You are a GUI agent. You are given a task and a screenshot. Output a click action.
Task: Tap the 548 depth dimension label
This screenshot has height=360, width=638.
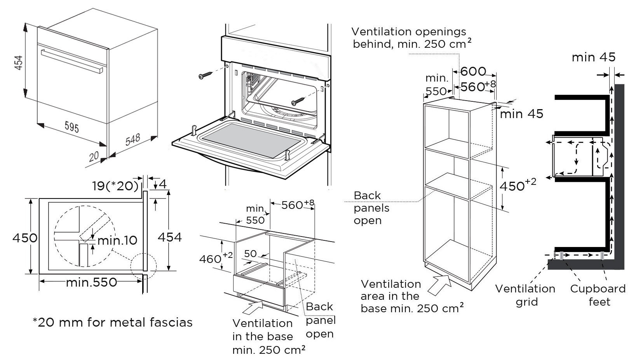[132, 140]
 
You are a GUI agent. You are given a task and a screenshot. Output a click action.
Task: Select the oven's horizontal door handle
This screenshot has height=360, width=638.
[71, 61]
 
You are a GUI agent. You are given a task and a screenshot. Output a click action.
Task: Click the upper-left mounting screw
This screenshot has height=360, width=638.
[206, 75]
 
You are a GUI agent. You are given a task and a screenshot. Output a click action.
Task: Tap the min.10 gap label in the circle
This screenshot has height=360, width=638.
[117, 240]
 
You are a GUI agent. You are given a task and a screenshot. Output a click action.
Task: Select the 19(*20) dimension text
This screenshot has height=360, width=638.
[115, 186]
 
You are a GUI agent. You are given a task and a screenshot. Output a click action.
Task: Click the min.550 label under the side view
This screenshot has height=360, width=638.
[92, 282]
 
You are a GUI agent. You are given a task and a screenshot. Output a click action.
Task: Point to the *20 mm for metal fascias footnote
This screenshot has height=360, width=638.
[113, 322]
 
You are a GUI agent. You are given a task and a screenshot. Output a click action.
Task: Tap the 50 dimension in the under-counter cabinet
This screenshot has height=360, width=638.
[251, 254]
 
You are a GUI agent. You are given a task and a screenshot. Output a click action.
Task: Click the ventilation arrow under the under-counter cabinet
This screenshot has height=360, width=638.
[251, 308]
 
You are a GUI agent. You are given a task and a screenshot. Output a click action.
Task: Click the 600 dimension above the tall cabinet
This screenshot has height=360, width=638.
[473, 71]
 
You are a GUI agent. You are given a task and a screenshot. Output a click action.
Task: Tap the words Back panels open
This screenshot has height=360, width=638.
[371, 208]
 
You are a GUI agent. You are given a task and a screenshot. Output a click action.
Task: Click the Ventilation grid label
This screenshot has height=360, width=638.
[525, 295]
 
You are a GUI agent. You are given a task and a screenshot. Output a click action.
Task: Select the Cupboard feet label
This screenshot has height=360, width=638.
[598, 295]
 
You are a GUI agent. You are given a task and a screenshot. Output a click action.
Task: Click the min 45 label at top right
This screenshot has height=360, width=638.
[593, 57]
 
